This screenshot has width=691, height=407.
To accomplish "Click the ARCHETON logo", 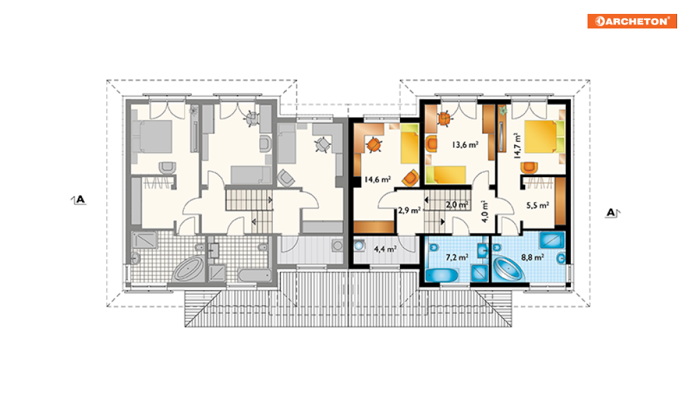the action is pyautogui.click(x=632, y=21).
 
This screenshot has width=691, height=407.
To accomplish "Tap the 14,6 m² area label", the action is pyautogui.click(x=377, y=179).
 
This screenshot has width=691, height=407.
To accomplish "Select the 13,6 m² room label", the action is pyautogui.click(x=465, y=144).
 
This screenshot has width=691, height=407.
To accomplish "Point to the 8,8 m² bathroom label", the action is pyautogui.click(x=533, y=257).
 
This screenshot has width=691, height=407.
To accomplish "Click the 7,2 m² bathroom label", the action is pyautogui.click(x=457, y=257).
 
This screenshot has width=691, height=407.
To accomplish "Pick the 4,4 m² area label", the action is pyautogui.click(x=385, y=249).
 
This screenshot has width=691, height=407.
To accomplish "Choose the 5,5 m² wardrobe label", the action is pyautogui.click(x=538, y=205).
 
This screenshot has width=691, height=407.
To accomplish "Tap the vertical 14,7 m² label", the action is pyautogui.click(x=517, y=146).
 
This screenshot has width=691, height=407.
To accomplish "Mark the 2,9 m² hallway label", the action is pyautogui.click(x=409, y=210).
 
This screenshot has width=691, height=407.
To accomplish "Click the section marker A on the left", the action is pyautogui.click(x=79, y=200).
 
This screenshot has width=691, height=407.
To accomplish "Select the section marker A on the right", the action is pyautogui.click(x=612, y=213).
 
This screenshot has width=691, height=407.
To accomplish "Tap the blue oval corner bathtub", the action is pyautogui.click(x=508, y=268).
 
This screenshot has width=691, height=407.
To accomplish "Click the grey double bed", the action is pyautogui.click(x=152, y=136).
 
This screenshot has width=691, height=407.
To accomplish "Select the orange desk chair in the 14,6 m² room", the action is pyautogui.click(x=374, y=144).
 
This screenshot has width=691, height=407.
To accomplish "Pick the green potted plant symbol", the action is pyautogui.click(x=503, y=110).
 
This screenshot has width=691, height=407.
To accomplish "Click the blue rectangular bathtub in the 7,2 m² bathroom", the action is pyautogui.click(x=442, y=276).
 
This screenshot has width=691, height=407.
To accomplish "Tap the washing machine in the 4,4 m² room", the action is pyautogui.click(x=360, y=246).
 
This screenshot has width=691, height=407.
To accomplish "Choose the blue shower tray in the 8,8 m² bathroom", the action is pyautogui.click(x=551, y=240).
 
